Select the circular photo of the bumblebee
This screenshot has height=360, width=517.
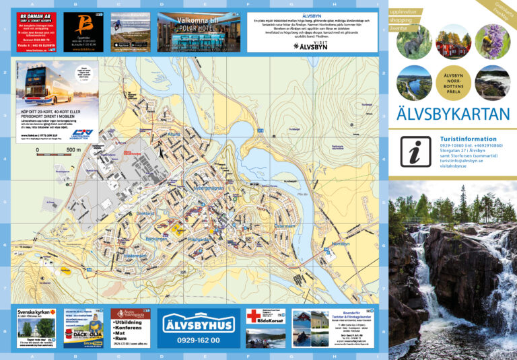pyautogui.click(x=491, y=42)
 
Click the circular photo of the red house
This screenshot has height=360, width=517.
pyautogui.click(x=452, y=42)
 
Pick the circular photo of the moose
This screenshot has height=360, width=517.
pyautogui.click(x=413, y=42)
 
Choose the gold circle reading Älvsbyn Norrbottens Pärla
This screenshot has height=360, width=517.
pyautogui.click(x=452, y=82)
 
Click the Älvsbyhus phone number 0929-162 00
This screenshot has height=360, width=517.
pyautogui.click(x=198, y=340)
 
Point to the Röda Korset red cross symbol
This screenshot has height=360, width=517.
pyautogui.click(x=252, y=316)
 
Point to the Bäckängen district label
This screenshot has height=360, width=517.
pyautogui.click(x=156, y=239)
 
